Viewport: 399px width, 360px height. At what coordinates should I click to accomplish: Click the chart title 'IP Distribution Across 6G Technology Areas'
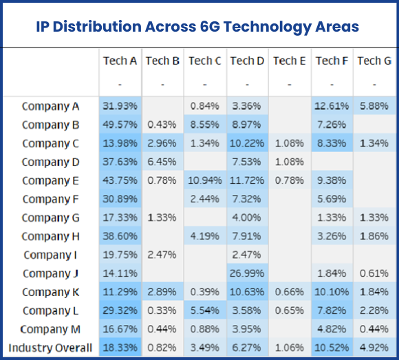tap(197, 27)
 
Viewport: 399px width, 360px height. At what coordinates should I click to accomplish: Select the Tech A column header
tap(120, 61)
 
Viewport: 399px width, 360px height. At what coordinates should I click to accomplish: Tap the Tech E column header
tap(289, 61)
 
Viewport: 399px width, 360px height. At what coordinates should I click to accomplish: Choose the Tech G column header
tap(374, 61)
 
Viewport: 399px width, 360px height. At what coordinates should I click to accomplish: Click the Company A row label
tap(50, 106)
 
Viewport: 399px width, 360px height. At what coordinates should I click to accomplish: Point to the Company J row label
tap(50, 273)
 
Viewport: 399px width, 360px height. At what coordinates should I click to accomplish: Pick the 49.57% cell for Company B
tap(120, 125)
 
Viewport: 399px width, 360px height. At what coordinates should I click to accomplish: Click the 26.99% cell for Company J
tap(247, 273)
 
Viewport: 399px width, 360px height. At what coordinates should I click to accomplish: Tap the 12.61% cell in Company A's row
tap(332, 106)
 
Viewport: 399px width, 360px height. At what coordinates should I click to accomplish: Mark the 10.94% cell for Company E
tap(204, 180)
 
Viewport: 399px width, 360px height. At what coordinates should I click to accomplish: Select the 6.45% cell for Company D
tap(162, 162)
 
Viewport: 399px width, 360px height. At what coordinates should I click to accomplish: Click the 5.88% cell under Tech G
tap(374, 106)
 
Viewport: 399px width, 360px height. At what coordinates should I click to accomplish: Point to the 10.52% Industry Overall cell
tap(332, 348)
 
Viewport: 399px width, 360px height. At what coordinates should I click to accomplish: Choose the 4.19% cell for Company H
tap(204, 236)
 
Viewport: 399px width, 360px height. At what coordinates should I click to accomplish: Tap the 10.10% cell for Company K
tap(332, 292)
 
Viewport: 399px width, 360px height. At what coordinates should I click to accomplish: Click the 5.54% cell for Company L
tap(204, 310)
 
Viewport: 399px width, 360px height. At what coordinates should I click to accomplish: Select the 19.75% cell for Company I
tap(120, 255)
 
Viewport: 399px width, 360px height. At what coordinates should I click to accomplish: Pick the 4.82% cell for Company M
tap(332, 329)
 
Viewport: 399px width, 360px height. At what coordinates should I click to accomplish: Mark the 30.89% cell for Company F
tap(120, 199)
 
